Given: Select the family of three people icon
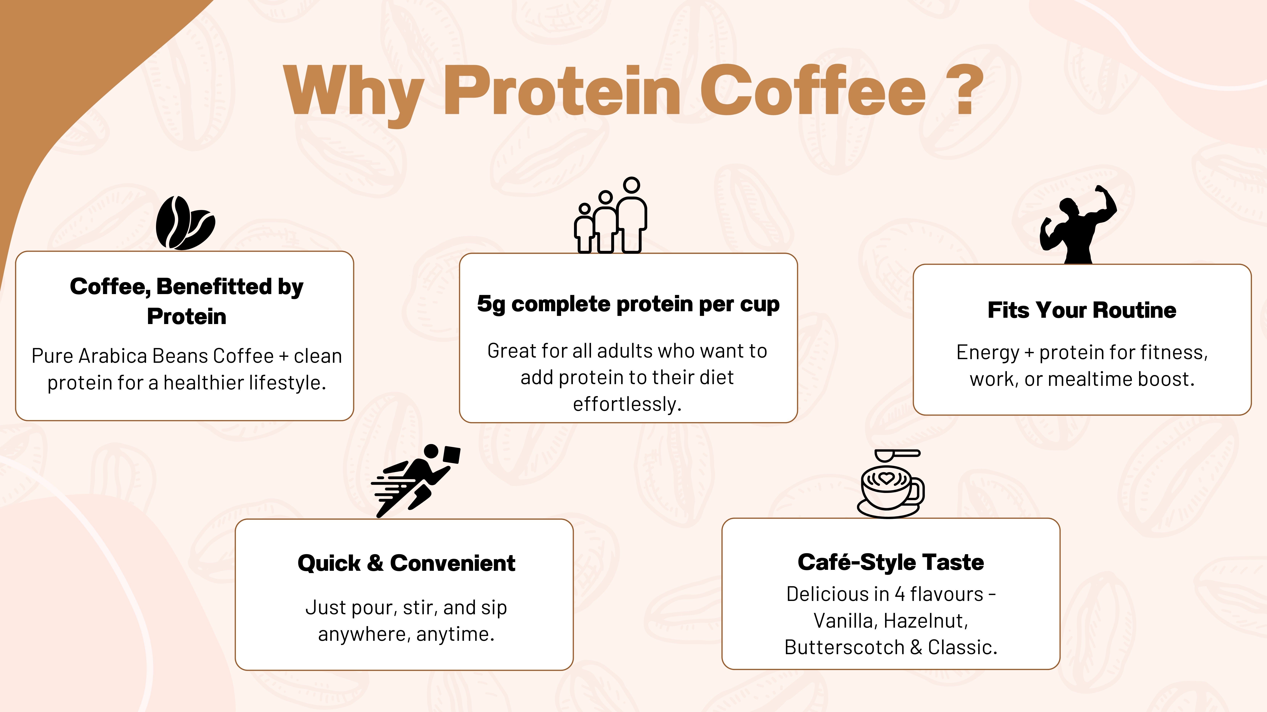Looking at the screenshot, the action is click(x=610, y=215).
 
